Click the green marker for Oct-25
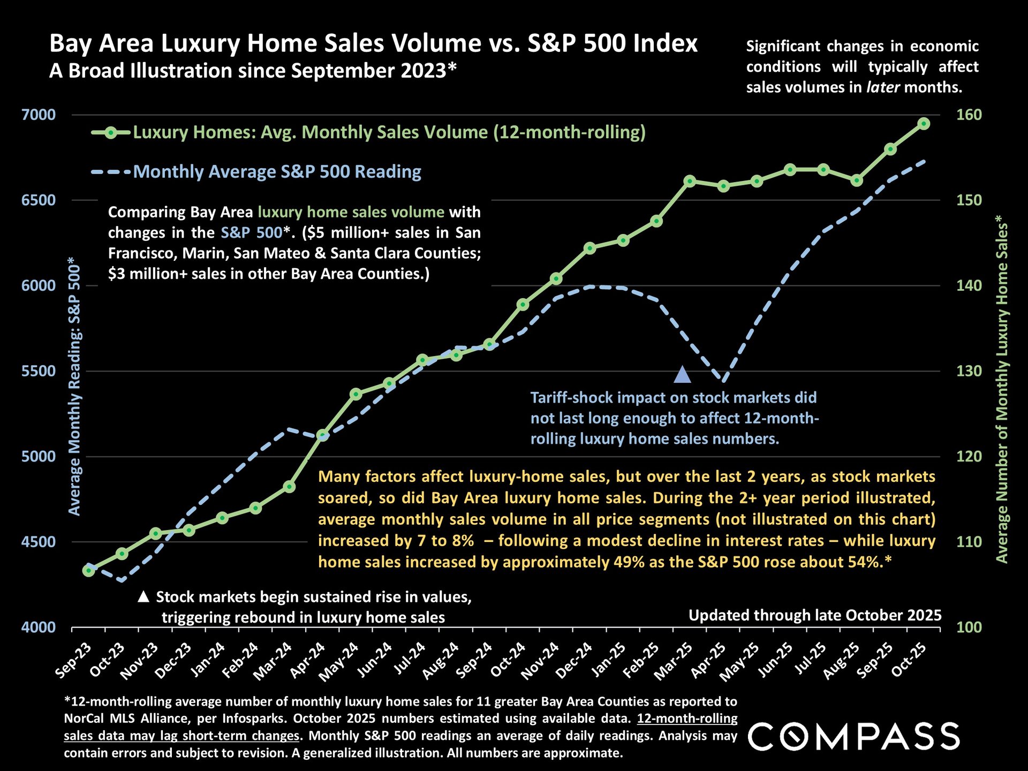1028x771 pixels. point(924,124)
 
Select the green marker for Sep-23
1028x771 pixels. point(88,571)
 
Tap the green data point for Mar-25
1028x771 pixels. point(690,181)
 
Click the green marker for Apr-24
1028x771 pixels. point(322,435)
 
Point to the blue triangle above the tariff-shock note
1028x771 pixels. point(682,375)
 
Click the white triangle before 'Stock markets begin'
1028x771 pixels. point(143,596)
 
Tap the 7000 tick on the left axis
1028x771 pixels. point(39,115)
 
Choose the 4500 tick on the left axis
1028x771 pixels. point(39,542)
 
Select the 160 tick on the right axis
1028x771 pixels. point(969,115)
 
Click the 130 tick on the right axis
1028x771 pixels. point(969,371)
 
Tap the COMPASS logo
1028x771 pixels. point(853,736)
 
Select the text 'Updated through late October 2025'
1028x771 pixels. point(814,615)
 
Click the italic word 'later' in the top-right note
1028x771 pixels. point(883,87)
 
